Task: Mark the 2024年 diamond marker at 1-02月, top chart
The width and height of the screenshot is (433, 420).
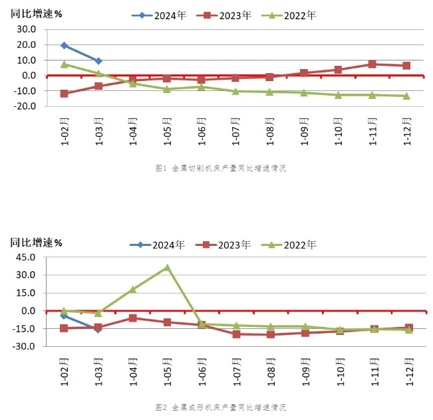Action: coord(64,45)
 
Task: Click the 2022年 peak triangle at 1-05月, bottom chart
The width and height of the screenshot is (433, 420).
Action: coord(168,268)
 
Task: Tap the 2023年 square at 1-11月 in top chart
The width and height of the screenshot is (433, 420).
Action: coord(372,64)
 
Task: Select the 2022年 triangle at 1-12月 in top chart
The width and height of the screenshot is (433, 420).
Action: coord(407,96)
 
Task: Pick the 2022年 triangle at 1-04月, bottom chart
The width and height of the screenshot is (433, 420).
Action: coord(133,289)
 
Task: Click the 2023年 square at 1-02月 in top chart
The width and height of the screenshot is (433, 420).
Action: coord(64,94)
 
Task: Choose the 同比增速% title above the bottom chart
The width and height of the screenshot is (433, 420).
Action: coord(37,243)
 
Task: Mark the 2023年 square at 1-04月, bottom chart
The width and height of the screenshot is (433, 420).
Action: coord(133,318)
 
